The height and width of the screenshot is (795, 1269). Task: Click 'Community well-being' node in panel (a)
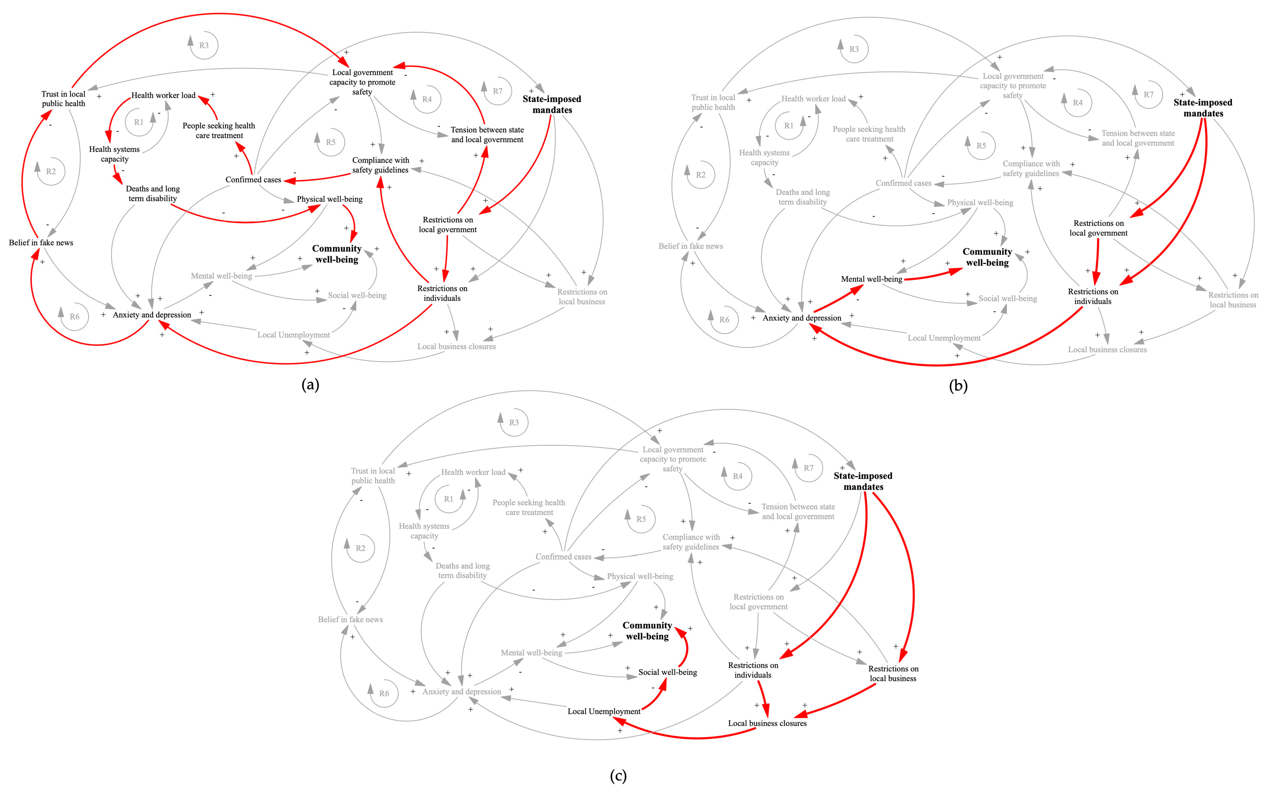tap(337, 254)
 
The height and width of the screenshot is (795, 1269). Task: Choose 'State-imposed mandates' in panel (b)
tap(1203, 108)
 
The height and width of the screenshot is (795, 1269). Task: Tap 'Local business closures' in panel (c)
tap(767, 723)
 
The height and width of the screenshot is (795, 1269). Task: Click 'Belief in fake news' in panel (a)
tap(41, 242)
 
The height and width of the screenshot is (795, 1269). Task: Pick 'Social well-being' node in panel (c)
tap(667, 672)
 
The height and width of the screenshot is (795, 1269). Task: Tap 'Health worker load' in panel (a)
tap(163, 95)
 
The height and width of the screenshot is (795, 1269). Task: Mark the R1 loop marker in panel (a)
tap(139, 122)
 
